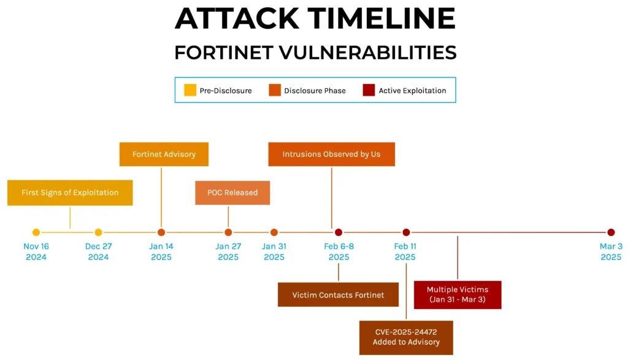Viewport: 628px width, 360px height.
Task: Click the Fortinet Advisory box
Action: click(x=164, y=154)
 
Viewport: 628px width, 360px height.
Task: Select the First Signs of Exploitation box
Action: click(x=70, y=193)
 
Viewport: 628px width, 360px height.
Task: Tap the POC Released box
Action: click(x=232, y=193)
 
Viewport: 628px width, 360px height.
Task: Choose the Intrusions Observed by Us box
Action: click(x=331, y=154)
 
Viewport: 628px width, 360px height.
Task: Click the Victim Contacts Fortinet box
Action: click(x=338, y=295)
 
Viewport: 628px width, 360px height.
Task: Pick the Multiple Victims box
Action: click(x=458, y=294)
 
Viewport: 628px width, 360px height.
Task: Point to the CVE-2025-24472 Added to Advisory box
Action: click(x=406, y=337)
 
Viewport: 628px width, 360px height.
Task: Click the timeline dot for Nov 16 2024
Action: click(x=36, y=232)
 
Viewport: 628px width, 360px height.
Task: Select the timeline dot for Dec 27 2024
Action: click(x=98, y=232)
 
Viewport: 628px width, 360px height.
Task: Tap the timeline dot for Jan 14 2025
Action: click(x=161, y=232)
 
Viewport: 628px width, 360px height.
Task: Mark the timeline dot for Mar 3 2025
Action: click(x=611, y=232)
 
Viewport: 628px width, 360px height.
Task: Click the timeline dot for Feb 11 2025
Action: click(x=406, y=232)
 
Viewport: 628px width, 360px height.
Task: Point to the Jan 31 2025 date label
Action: click(x=274, y=251)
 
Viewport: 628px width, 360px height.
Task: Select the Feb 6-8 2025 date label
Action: click(x=339, y=251)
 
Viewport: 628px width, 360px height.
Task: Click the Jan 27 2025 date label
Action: click(x=228, y=251)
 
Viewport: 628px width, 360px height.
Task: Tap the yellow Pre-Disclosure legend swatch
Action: click(x=190, y=90)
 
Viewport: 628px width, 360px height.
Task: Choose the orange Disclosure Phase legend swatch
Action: click(x=275, y=90)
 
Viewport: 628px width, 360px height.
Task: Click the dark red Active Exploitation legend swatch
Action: click(x=369, y=90)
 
